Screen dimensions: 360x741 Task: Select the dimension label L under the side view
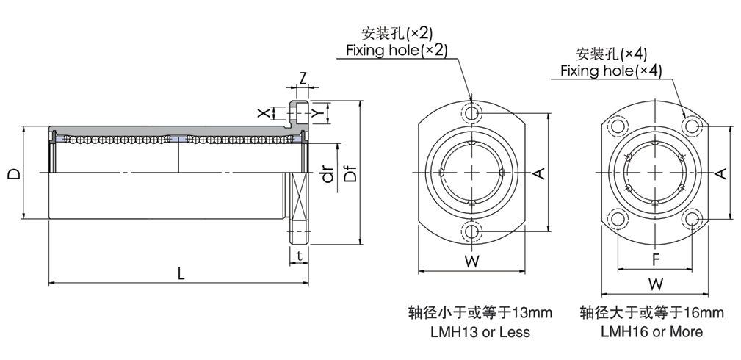pyautogui.click(x=181, y=273)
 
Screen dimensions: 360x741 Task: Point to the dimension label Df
pyautogui.click(x=351, y=174)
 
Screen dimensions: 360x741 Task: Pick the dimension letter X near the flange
pyautogui.click(x=262, y=113)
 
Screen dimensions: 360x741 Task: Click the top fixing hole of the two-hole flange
pyautogui.click(x=471, y=114)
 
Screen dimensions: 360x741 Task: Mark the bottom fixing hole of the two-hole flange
pyautogui.click(x=471, y=232)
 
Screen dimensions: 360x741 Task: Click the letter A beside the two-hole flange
pyautogui.click(x=538, y=173)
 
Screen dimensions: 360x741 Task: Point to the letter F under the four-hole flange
pyautogui.click(x=655, y=259)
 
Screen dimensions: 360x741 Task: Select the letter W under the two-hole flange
pyautogui.click(x=472, y=261)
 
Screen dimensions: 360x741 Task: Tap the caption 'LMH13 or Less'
pyautogui.click(x=480, y=332)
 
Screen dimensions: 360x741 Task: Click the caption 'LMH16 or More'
pyautogui.click(x=651, y=332)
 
